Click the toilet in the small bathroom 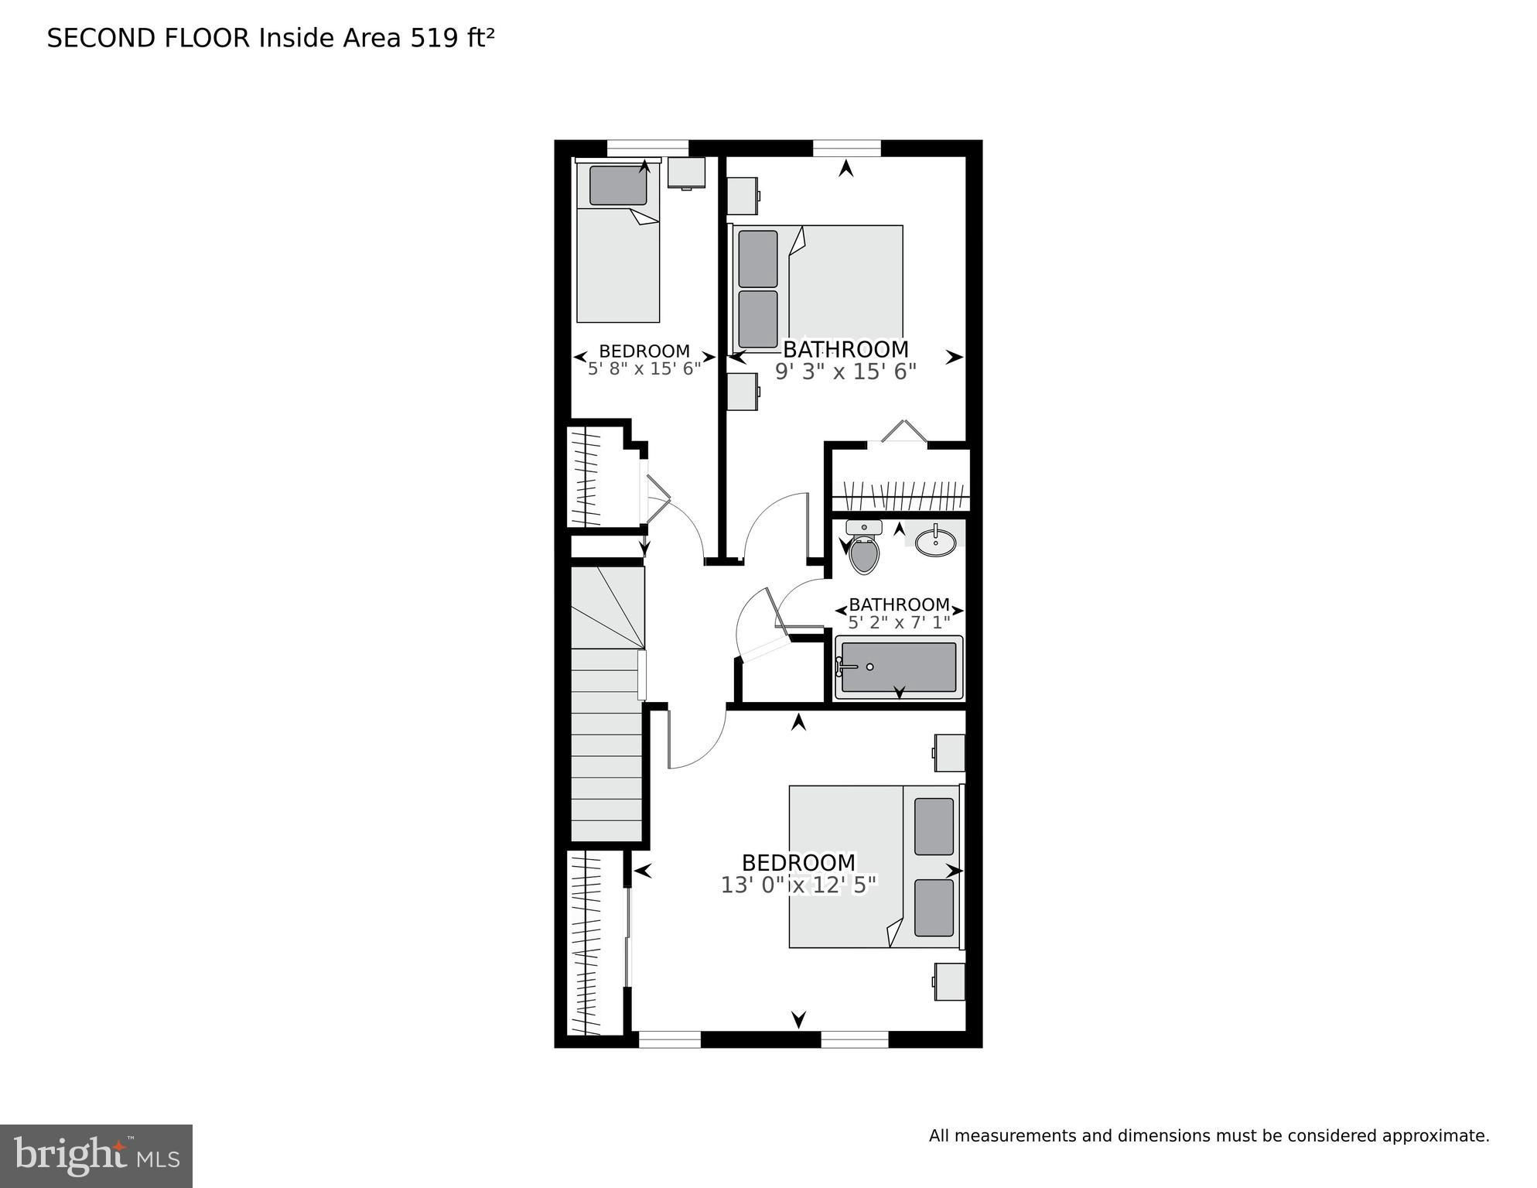pos(864,547)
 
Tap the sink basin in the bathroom pos(935,540)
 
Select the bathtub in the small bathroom pos(899,667)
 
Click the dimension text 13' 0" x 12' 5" pos(799,885)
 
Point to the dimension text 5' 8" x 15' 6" pos(644,368)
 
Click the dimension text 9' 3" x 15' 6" pos(845,372)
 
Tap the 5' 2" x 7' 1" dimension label pos(899,622)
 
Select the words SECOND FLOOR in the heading pos(149,38)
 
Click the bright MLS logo pos(96,1156)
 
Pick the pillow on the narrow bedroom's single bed pos(618,185)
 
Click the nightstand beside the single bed pos(687,173)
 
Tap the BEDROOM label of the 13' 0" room pos(799,862)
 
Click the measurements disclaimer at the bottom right pos(1209,1136)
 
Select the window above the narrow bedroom pos(647,148)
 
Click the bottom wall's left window pos(670,1039)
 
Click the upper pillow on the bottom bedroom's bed pos(934,827)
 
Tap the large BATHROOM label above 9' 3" pos(845,349)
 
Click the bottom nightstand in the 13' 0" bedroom pos(949,981)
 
